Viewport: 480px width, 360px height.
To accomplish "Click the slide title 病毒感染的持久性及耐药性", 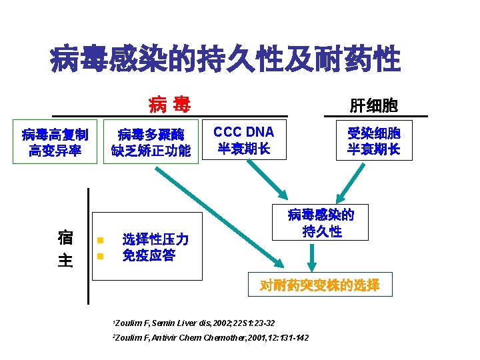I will (x=225, y=60).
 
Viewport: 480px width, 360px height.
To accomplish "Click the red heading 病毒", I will (x=169, y=105).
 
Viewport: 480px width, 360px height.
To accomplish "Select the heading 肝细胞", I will (x=373, y=105).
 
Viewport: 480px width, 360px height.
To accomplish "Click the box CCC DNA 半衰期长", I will (x=244, y=140).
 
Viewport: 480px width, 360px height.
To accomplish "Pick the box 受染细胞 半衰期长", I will (x=373, y=141).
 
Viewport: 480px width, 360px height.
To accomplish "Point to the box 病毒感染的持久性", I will (x=321, y=223).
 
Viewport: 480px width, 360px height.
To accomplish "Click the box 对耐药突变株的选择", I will (x=320, y=285).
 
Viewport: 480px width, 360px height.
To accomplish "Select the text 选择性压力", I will (x=155, y=239).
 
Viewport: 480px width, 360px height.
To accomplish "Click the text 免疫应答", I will (x=149, y=255).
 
